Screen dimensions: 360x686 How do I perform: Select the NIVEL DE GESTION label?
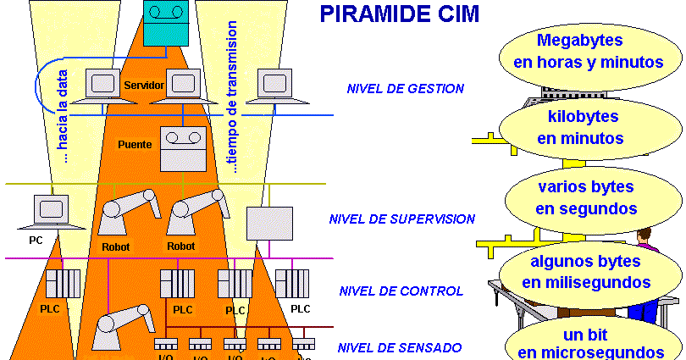(405, 88)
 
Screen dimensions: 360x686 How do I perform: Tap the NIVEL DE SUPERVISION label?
(401, 219)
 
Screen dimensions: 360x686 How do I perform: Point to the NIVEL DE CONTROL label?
(401, 291)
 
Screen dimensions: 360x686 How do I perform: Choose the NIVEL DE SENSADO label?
(400, 347)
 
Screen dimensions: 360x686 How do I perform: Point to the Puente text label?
(135, 144)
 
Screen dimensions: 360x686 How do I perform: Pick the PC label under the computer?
(36, 241)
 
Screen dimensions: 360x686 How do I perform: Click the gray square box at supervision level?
(263, 223)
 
